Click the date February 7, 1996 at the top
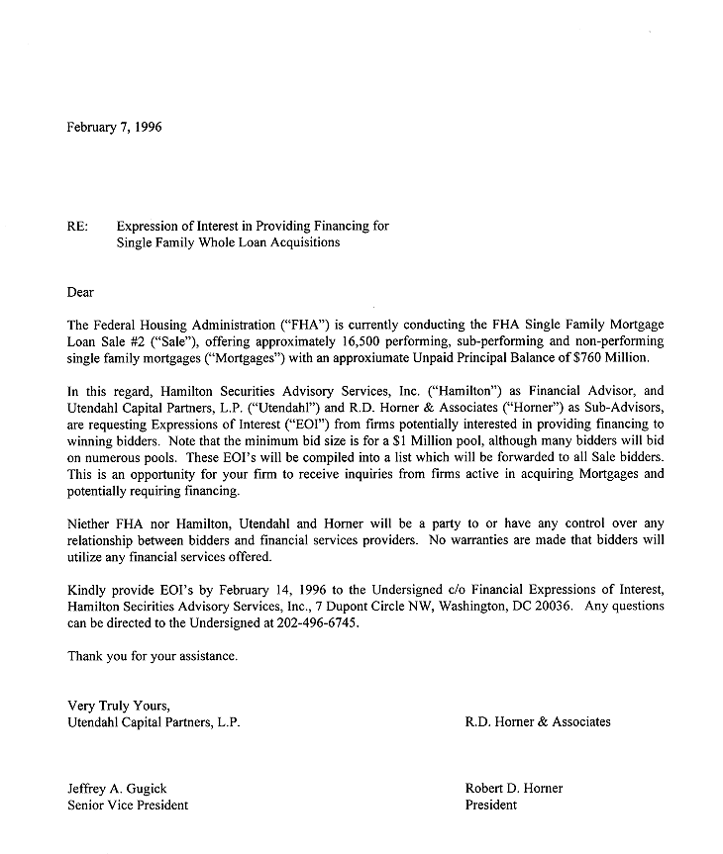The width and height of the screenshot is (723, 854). [x=113, y=127]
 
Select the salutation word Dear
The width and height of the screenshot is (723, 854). [x=80, y=292]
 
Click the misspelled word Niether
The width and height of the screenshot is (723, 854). [x=87, y=523]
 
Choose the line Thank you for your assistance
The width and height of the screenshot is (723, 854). [x=153, y=656]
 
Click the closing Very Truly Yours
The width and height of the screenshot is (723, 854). [x=119, y=706]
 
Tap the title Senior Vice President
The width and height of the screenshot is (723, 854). [x=127, y=806]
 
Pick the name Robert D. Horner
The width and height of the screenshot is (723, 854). [x=513, y=789]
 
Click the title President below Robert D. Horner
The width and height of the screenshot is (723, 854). [x=490, y=806]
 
